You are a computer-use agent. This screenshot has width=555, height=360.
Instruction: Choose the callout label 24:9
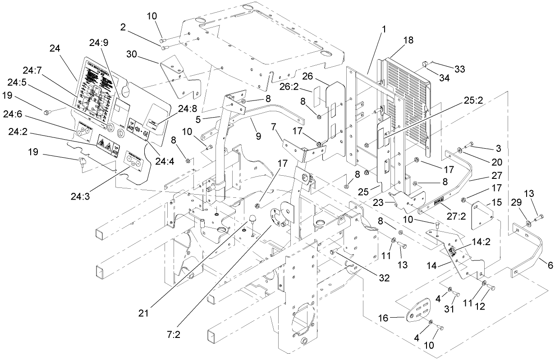pyautogui.click(x=98, y=43)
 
